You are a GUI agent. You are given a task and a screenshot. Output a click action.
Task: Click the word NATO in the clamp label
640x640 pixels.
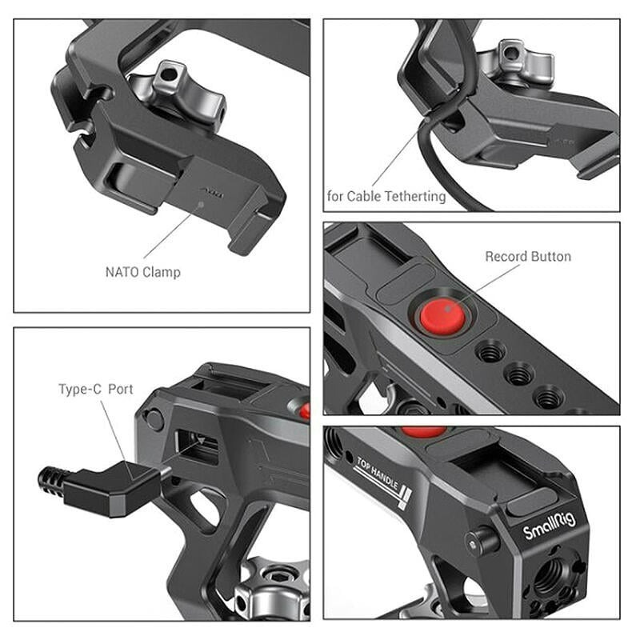coord(122,272)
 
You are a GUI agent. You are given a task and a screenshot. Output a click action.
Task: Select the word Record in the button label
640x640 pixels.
coord(507,257)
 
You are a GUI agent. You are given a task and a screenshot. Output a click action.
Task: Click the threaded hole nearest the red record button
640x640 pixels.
coord(489,350)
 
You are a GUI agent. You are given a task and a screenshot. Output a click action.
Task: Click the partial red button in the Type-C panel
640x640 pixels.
coord(305,410)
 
